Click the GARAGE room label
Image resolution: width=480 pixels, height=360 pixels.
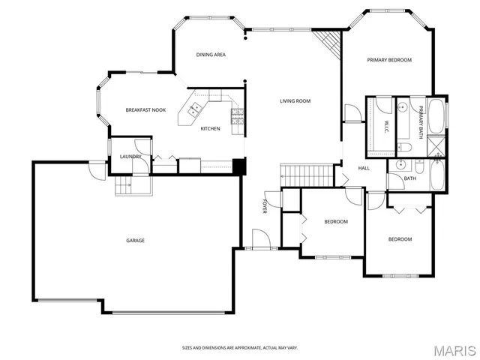point(135,240)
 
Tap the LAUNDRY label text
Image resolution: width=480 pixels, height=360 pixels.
point(130,156)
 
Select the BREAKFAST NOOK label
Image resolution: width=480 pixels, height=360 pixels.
point(145,109)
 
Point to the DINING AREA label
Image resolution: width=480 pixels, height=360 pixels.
point(211,55)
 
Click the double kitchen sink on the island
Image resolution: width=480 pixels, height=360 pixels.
point(193,110)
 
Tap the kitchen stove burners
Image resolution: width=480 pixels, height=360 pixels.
point(238,115)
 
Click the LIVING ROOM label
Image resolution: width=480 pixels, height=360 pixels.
point(295,101)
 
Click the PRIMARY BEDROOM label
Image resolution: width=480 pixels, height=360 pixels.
point(389,60)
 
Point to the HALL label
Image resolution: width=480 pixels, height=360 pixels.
point(364,168)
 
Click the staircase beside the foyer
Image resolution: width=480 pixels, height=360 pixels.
point(306,175)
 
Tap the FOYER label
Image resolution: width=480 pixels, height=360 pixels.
point(265,208)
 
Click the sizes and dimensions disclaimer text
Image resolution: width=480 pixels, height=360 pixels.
point(239,348)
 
